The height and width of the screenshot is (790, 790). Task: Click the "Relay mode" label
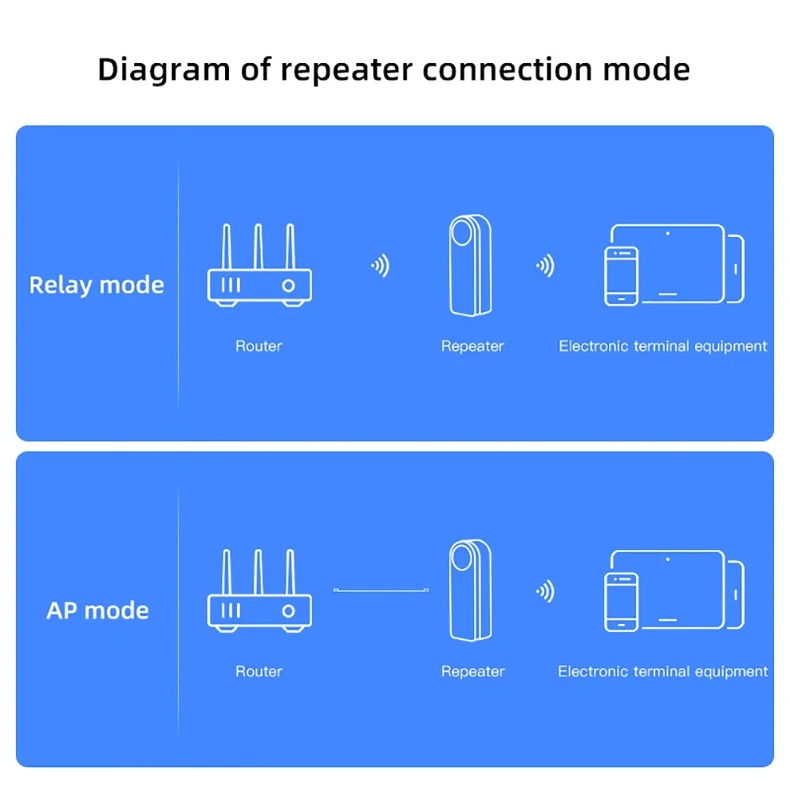tap(96, 285)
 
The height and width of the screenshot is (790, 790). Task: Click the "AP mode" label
tap(97, 611)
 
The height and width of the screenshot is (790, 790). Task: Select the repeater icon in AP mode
tap(470, 590)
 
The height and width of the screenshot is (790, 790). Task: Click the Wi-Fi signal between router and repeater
tap(381, 265)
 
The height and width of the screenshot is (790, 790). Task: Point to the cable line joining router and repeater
tap(381, 590)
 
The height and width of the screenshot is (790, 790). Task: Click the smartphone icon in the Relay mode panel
tap(621, 276)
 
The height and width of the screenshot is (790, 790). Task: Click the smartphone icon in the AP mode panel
tap(621, 601)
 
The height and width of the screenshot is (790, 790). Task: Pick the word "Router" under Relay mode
tap(258, 346)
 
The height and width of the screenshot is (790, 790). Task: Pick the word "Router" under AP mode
tap(258, 671)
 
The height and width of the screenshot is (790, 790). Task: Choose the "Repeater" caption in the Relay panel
tap(472, 346)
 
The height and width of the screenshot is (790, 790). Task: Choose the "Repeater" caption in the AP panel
tap(472, 671)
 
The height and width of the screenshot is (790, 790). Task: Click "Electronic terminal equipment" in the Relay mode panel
tap(663, 346)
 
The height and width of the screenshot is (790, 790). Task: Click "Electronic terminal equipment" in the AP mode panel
tap(663, 671)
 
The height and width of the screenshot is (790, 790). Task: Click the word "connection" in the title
tap(508, 70)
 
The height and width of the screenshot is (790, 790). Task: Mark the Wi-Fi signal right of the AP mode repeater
tap(544, 591)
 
